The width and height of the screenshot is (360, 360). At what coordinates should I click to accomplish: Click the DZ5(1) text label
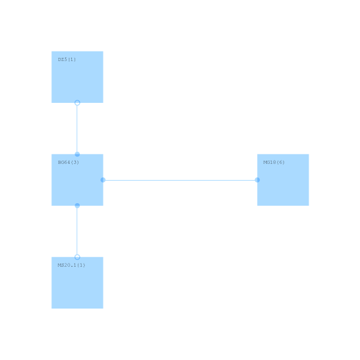pos(67,59)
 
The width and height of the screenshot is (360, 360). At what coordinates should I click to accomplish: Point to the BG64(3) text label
pos(68,162)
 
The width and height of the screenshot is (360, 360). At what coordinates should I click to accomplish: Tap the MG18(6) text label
pos(274,162)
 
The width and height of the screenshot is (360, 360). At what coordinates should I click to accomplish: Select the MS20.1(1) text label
pos(71,265)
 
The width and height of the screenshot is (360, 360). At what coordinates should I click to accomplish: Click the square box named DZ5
pos(77,77)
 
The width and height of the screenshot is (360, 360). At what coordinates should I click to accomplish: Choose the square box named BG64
pos(77,180)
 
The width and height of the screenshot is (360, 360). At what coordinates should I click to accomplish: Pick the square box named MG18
pos(283,180)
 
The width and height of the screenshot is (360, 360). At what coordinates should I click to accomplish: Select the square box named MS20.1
pos(77,283)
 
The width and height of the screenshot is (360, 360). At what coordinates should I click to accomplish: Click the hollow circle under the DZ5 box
pos(77,103)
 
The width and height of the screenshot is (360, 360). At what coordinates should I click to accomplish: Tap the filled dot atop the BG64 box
pos(77,154)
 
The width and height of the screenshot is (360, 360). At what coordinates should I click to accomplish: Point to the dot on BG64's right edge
pos(103,180)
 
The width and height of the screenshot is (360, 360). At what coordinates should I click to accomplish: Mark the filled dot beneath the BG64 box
pos(77,206)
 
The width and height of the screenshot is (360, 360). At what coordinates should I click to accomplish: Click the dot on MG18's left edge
pos(257,180)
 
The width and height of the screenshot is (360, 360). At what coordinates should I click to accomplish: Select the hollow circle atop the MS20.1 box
pos(77,257)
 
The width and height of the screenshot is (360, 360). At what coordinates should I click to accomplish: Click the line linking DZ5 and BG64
pos(77,129)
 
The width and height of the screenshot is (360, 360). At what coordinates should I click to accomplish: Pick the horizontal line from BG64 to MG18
pos(180,180)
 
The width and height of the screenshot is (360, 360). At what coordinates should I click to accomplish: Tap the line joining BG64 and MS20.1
pos(77,231)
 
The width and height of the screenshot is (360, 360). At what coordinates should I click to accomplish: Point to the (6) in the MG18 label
pos(281,162)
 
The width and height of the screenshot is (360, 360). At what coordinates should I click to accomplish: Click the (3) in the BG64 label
pos(75,162)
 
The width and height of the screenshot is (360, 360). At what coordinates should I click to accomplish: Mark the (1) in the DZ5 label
pos(72,59)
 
